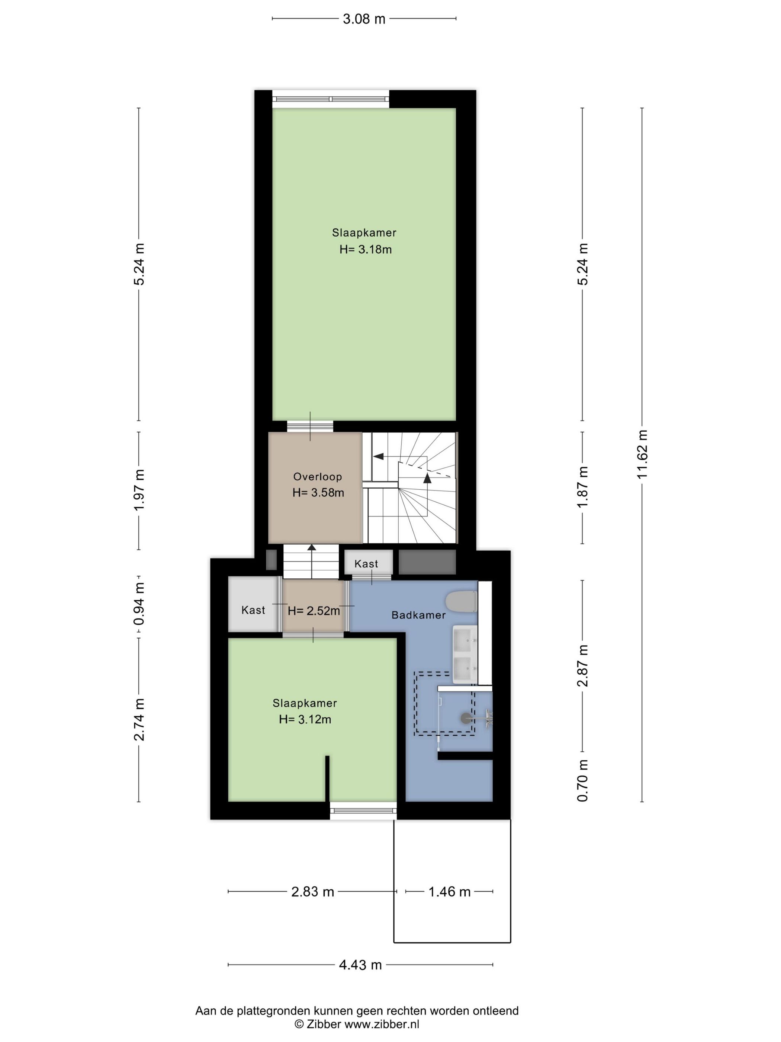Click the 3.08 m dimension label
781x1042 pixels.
(363, 19)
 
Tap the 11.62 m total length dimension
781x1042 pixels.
(642, 454)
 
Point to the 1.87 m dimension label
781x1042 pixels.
(583, 487)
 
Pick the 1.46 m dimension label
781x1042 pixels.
(449, 892)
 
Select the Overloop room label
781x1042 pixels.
(317, 477)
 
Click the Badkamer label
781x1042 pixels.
(418, 615)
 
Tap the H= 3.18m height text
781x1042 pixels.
(365, 250)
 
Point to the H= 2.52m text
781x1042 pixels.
(314, 611)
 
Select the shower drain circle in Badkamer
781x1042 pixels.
(465, 718)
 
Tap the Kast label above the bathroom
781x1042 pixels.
(366, 564)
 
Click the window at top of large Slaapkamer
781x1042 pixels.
(331, 99)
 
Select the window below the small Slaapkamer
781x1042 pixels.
(363, 811)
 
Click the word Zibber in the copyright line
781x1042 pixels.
(324, 1024)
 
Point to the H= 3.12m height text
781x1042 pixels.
(305, 719)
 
